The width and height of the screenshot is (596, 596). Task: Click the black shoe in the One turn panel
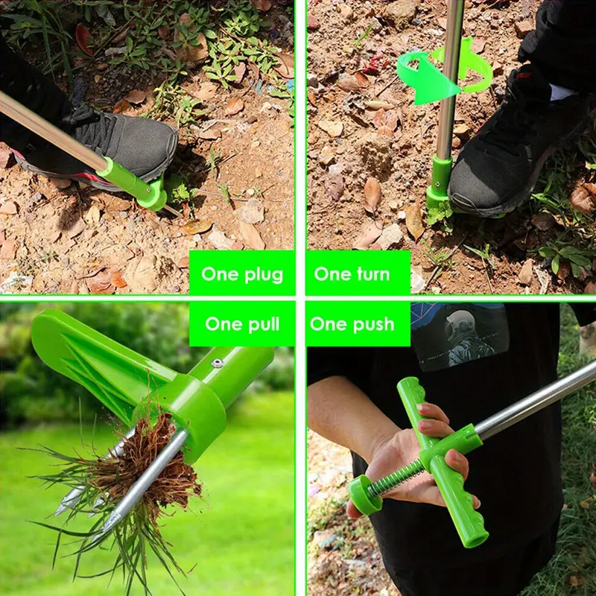pyautogui.click(x=507, y=156)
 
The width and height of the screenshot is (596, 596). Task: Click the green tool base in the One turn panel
pyautogui.click(x=439, y=183)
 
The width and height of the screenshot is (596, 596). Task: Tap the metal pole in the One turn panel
pyautogui.click(x=450, y=74)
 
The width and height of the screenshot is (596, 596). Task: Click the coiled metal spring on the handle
pyautogui.click(x=395, y=478)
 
